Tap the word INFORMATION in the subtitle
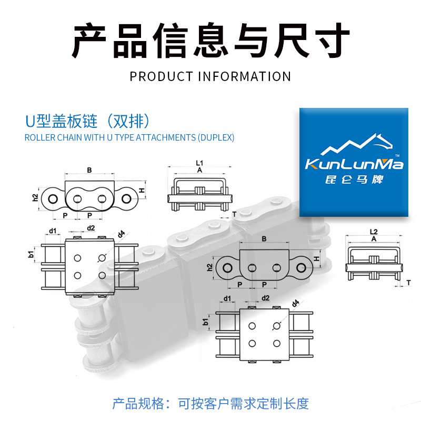[x=244, y=76]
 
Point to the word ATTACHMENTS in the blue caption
[x=166, y=137]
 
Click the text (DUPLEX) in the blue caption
[x=216, y=137]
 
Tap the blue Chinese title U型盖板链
[x=62, y=122]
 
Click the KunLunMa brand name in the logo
[x=354, y=164]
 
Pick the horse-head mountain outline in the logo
[x=357, y=144]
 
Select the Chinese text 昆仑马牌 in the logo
[x=354, y=179]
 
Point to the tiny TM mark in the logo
[x=397, y=156]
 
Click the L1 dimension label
[x=199, y=163]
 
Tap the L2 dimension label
[x=374, y=232]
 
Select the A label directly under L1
[x=199, y=170]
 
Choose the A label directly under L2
[x=374, y=239]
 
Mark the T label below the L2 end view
[x=408, y=283]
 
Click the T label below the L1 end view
[x=234, y=214]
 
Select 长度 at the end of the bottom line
[x=296, y=404]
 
